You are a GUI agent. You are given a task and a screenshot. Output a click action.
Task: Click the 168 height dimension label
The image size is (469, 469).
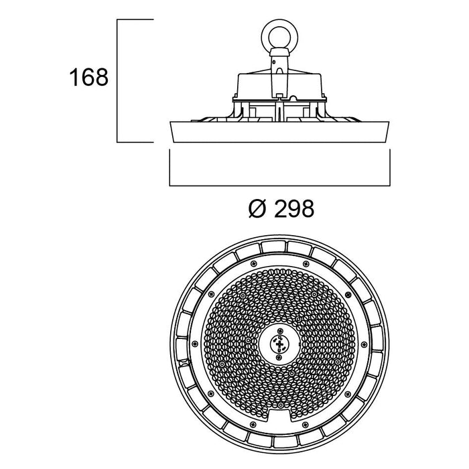[x=89, y=78]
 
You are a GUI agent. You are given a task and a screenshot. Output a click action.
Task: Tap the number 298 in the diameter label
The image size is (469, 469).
[x=294, y=208]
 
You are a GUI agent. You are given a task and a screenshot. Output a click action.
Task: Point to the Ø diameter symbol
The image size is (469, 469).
[x=257, y=208]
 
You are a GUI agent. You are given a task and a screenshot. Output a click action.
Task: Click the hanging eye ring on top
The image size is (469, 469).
[x=279, y=37]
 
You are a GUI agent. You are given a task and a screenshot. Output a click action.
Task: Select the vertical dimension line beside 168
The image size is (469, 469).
[x=117, y=81]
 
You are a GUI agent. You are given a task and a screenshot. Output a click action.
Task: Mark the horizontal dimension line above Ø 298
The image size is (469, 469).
[x=279, y=186]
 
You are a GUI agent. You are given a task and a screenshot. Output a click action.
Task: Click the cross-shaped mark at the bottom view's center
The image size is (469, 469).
[x=279, y=344]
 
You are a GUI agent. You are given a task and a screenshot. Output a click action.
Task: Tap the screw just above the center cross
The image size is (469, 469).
[x=279, y=330]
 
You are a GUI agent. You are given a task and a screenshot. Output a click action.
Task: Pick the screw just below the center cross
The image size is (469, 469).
[x=279, y=357]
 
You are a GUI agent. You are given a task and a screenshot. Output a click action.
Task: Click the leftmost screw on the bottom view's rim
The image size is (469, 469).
[x=195, y=344]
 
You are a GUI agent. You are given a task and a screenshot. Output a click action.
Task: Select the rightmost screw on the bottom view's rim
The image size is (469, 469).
[x=364, y=344]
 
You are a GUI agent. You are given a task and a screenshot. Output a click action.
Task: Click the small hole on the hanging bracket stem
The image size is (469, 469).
[x=274, y=62]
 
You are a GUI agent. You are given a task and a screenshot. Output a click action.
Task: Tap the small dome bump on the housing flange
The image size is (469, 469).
[x=293, y=98]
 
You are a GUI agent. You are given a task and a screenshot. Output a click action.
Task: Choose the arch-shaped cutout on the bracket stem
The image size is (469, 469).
[x=279, y=70]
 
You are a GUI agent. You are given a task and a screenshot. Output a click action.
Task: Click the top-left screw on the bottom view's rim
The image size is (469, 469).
[x=254, y=263]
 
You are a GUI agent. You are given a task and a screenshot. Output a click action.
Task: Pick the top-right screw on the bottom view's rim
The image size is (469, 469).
[x=306, y=263]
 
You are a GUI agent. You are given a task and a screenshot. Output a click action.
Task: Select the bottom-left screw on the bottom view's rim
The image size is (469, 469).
[x=253, y=424]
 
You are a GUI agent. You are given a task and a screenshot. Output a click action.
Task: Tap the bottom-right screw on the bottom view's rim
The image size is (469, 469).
[x=305, y=424]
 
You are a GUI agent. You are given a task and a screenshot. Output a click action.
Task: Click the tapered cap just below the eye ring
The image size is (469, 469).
[x=279, y=52]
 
